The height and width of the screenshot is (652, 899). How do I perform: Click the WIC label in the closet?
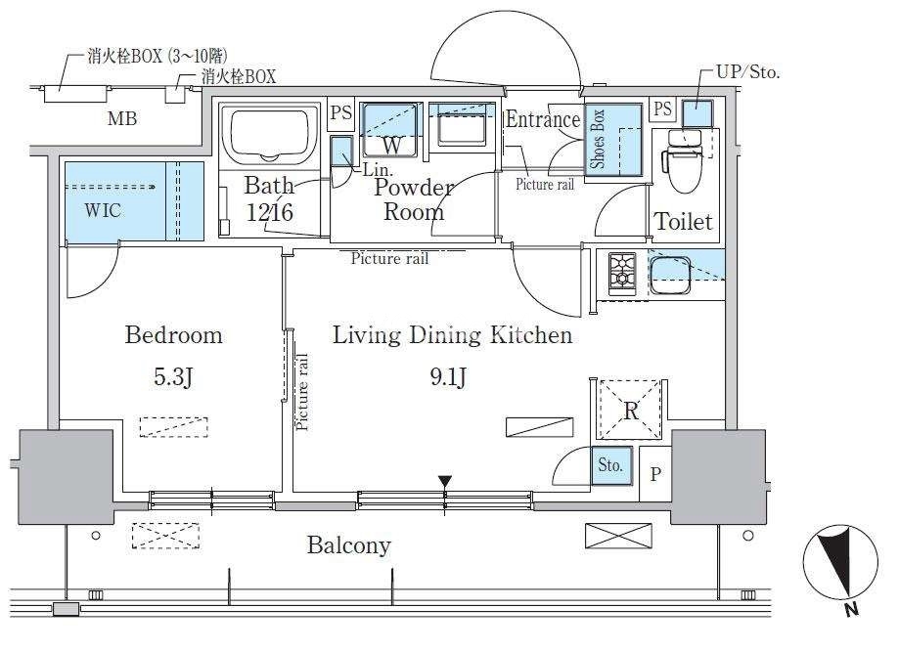[103, 210]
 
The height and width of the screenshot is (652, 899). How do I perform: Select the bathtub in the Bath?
[269, 136]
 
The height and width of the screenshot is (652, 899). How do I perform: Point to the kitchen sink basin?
[670, 275]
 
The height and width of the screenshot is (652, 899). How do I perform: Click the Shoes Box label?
[598, 139]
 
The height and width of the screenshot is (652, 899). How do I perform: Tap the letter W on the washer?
[391, 145]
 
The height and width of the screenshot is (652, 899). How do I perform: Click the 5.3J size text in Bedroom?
[173, 376]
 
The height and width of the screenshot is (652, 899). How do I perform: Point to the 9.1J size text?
[448, 376]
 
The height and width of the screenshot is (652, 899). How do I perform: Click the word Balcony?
[348, 544]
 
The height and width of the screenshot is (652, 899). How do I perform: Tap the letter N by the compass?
[852, 609]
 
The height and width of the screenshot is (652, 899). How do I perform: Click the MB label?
[122, 118]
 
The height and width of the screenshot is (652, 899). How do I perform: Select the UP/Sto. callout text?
[748, 72]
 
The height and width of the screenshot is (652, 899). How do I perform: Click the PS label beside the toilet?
[663, 109]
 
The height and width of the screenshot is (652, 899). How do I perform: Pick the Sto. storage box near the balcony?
[611, 466]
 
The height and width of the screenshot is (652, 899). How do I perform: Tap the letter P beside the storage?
[655, 474]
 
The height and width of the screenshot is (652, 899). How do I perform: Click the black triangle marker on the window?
[445, 482]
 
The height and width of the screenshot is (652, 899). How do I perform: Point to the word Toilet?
[684, 222]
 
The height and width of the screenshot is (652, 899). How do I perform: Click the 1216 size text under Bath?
[269, 212]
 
